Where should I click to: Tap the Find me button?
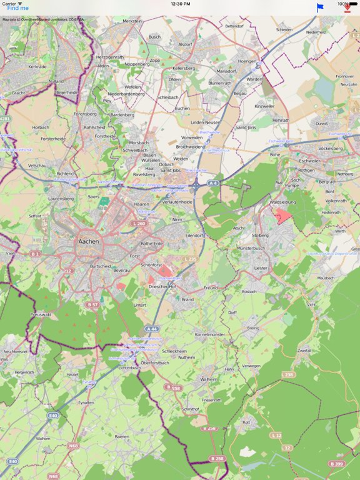click(17, 8)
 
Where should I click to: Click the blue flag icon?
click(320, 8)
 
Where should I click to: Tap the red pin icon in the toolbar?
click(347, 8)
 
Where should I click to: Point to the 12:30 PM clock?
click(180, 3)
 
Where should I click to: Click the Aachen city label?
click(89, 240)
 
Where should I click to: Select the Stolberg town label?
click(260, 235)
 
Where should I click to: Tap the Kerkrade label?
click(37, 66)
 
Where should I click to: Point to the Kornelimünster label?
click(209, 335)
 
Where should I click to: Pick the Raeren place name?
click(122, 437)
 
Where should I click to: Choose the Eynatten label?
click(86, 402)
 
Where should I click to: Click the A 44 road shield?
click(151, 328)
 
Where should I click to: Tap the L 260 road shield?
click(138, 223)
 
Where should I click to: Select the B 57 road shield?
click(93, 304)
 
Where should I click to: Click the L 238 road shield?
click(287, 374)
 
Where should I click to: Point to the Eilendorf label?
click(196, 235)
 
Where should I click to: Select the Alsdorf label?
click(185, 44)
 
